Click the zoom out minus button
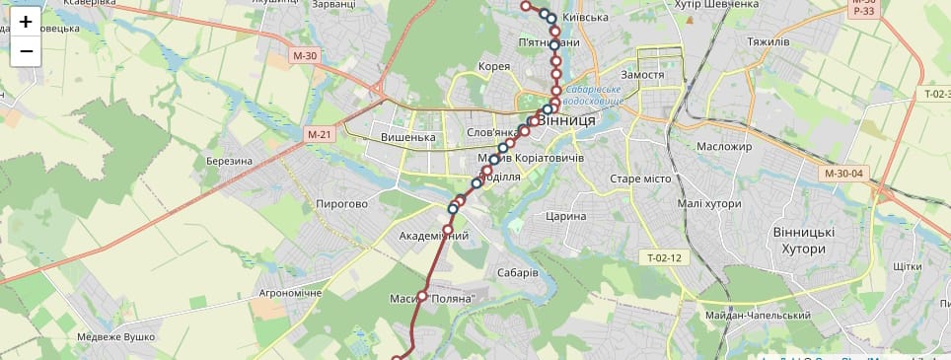point(26,51)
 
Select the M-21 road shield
point(319,134)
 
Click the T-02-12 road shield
point(664,258)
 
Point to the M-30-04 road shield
point(843,174)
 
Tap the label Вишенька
point(407,137)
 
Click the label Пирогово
point(341,204)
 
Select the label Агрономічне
point(290,294)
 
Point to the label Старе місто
point(640,179)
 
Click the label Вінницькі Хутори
point(803,240)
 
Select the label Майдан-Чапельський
point(759,316)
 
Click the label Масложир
point(723,147)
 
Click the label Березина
point(230,161)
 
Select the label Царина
point(565,216)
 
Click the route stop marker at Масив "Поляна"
point(422,296)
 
